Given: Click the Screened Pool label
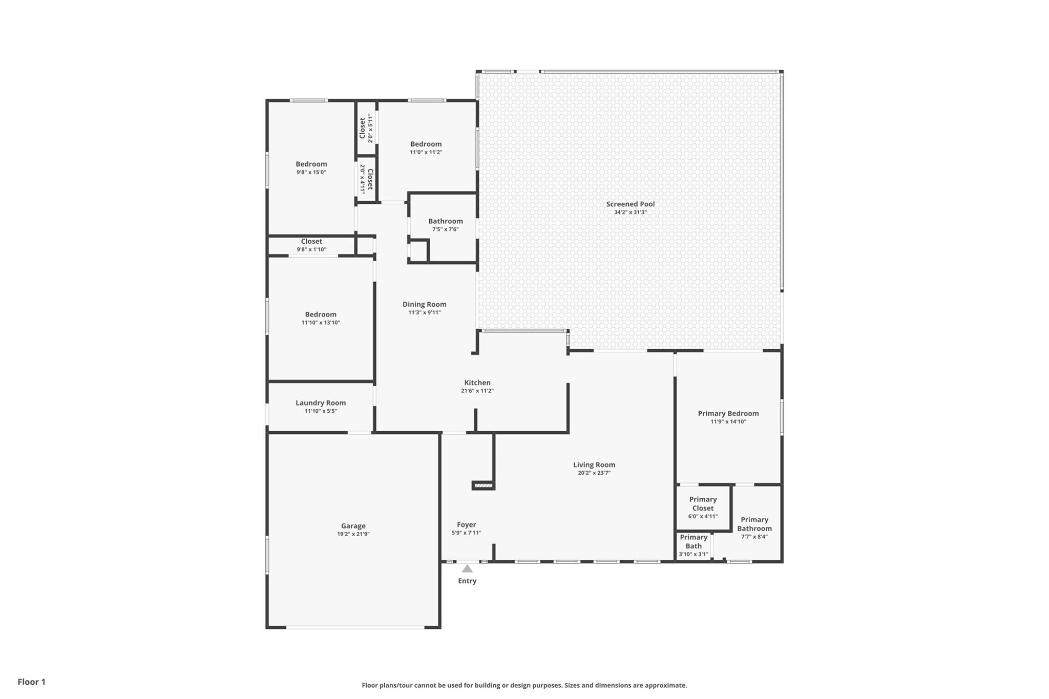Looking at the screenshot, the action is pos(630,204).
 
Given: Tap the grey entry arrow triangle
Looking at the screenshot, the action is pos(467,568).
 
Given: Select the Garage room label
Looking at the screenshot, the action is pos(353,526).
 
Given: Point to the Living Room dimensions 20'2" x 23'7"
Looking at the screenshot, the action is pos(594,473).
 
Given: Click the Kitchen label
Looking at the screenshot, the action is pos(477,383).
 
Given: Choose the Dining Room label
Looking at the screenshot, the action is pos(424,304).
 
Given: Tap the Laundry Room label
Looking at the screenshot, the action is pos(321,403).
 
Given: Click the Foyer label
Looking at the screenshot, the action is pos(467,525).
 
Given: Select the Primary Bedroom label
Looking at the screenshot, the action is pos(728,413).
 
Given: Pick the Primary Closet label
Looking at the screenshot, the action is pos(703,504).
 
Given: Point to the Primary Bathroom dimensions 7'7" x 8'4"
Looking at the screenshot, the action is pos(754,537).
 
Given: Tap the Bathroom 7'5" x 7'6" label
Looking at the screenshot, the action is pos(446,225).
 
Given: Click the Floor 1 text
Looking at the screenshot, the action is pos(32,682).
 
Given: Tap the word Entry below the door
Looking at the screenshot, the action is pos(467,581).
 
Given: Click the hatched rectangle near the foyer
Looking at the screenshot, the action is pos(483,485).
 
